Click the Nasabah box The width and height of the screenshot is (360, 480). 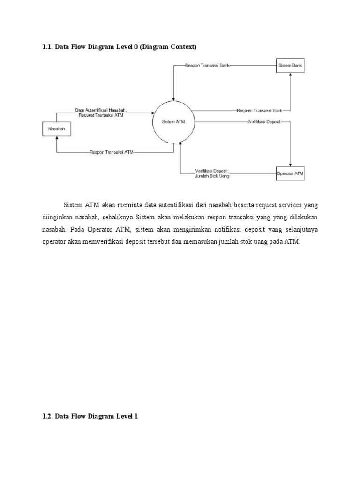coord(57,128)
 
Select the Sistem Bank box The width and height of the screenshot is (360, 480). coord(290,66)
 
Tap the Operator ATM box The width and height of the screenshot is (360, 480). coord(290,173)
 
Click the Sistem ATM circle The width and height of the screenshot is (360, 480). coord(173,122)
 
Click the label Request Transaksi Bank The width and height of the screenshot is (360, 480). coord(259,111)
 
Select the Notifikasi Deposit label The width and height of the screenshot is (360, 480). coord(264,122)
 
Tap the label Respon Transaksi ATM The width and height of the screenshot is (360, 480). coord(112,152)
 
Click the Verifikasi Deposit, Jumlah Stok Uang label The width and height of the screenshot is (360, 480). coord(212,173)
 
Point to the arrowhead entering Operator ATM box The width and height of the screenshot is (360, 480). coord(291,165)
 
